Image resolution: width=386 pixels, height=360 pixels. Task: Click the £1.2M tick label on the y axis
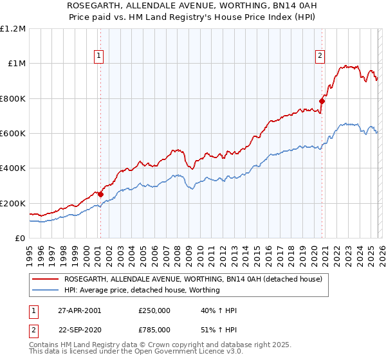tap(13, 29)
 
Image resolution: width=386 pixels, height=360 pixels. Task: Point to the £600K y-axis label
tap(13, 134)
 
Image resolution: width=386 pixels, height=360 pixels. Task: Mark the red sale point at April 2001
tap(100, 194)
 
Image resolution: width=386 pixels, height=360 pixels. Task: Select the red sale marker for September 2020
tap(322, 101)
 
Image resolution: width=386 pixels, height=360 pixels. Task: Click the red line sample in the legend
tap(46, 279)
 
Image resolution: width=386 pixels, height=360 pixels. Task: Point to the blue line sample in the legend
tap(46, 290)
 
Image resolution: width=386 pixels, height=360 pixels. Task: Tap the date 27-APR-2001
tap(79, 310)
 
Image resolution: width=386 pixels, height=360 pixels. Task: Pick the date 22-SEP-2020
tap(79, 329)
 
